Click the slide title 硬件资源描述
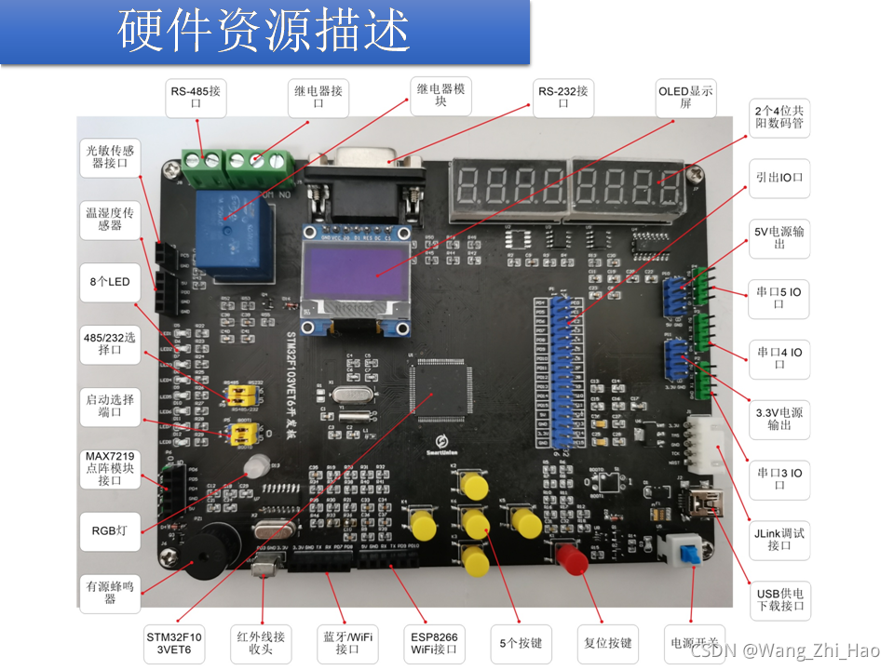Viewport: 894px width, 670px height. click(264, 32)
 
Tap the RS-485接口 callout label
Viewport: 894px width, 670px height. click(196, 98)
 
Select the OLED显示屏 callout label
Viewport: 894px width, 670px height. click(686, 98)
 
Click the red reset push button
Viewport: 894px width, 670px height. click(571, 559)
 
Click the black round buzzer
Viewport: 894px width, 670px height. click(206, 552)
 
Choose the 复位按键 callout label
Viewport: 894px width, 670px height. click(611, 643)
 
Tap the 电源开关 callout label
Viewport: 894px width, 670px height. click(693, 643)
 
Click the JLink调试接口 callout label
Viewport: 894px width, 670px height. click(779, 540)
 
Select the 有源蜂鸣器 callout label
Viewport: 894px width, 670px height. click(110, 593)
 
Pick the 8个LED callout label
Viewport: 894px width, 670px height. click(110, 282)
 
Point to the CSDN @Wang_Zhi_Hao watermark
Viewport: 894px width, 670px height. click(799, 652)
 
